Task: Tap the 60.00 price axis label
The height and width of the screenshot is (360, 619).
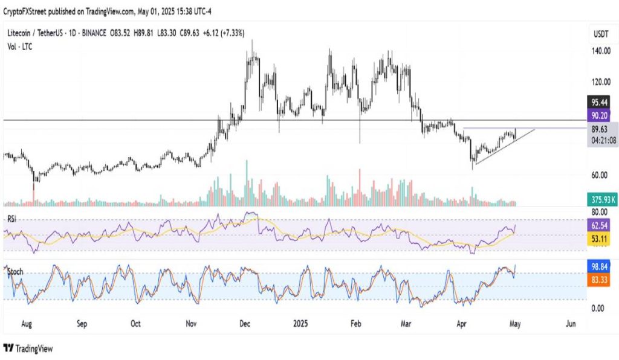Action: (600, 175)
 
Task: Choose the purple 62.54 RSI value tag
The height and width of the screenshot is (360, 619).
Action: (601, 224)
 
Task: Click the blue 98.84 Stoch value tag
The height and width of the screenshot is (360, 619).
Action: (601, 266)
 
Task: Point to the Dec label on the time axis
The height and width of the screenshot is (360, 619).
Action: (245, 324)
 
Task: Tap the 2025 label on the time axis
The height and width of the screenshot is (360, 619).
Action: (300, 324)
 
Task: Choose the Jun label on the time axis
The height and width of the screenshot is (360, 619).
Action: (570, 324)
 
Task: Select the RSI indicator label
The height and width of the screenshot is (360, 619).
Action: (11, 219)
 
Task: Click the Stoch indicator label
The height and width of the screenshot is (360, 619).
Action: (15, 272)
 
